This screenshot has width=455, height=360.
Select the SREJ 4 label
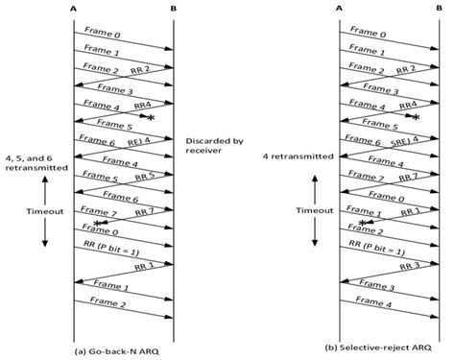(x=404, y=143)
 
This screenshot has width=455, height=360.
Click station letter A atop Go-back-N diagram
(x=76, y=9)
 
